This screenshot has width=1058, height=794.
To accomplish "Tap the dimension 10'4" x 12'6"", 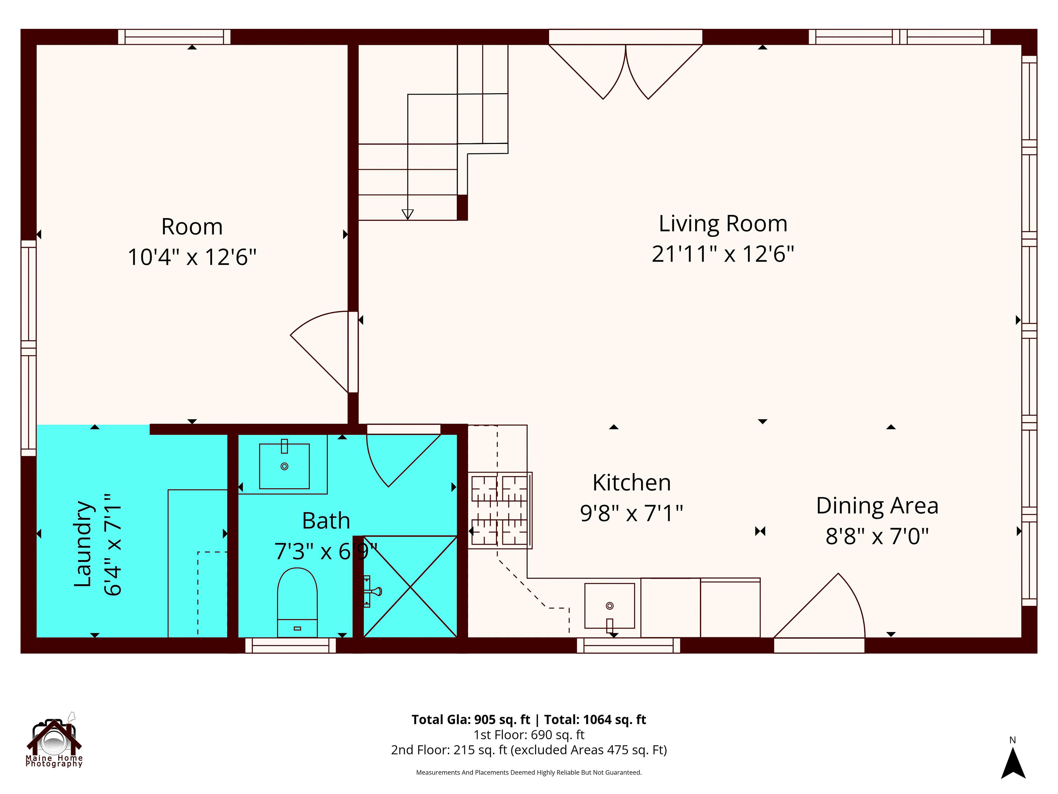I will click(192, 257).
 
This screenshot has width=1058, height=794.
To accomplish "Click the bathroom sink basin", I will click(284, 466).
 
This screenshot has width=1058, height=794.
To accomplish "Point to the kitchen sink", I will click(609, 606).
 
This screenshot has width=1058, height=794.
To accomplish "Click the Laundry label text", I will click(83, 544).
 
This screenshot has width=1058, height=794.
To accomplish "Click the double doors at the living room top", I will click(626, 72).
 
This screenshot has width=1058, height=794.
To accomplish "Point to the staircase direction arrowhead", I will click(408, 214).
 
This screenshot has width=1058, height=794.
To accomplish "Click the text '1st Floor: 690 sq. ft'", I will click(529, 735).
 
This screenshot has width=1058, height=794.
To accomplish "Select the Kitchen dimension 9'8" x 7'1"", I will click(631, 513).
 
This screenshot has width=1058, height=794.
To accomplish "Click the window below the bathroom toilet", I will click(290, 646).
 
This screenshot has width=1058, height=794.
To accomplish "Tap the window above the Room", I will click(174, 37).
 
